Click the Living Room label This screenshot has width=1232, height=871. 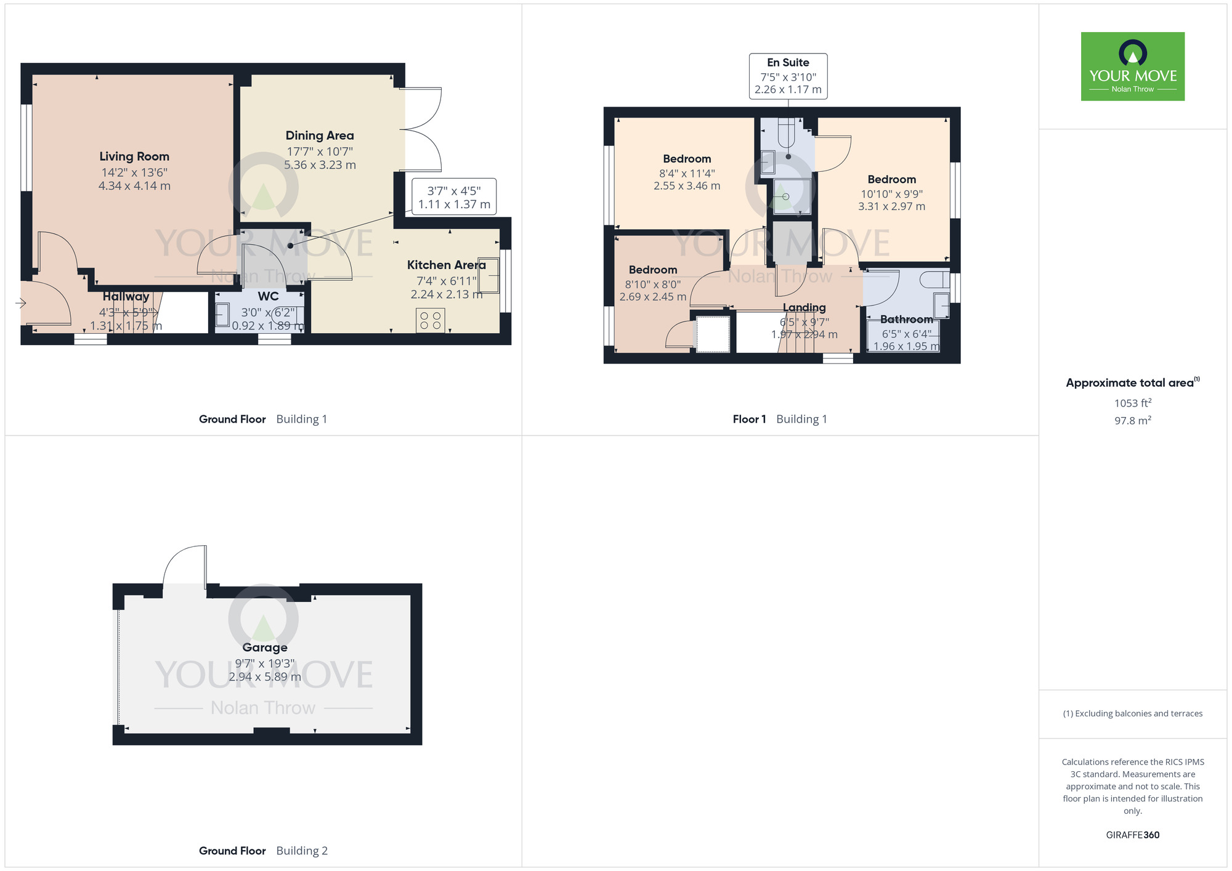134,156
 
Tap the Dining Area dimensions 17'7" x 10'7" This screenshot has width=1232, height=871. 319,152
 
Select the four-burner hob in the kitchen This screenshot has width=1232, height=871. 430,320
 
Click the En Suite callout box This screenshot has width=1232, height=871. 788,76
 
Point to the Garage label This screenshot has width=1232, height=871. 265,647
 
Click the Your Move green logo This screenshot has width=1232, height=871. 1132,67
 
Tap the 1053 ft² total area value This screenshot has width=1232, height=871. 1132,403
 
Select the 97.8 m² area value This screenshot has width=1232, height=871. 1132,421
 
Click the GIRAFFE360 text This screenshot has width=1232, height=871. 1132,835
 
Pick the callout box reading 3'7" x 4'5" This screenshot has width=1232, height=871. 454,198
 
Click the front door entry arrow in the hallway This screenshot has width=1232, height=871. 21,302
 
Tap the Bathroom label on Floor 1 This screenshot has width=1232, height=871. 906,319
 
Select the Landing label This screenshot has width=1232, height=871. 804,307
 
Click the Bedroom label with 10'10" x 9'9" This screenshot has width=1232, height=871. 891,179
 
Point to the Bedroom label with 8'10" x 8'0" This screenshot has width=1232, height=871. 652,270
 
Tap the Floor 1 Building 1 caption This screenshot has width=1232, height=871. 779,419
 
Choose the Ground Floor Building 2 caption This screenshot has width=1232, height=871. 263,851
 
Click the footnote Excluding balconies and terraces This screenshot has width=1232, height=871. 1132,714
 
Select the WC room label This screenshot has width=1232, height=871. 268,296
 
